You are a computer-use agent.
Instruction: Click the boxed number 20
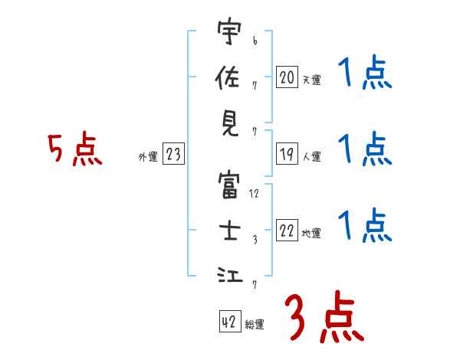[x=287, y=77]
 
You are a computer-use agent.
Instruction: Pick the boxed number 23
[x=173, y=155]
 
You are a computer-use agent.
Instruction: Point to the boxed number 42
[x=229, y=322]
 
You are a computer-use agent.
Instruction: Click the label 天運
[x=312, y=80]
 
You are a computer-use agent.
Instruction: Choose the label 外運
[x=148, y=157]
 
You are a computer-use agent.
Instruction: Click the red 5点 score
[x=75, y=150]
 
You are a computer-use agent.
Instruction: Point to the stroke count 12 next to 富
[x=255, y=194]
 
